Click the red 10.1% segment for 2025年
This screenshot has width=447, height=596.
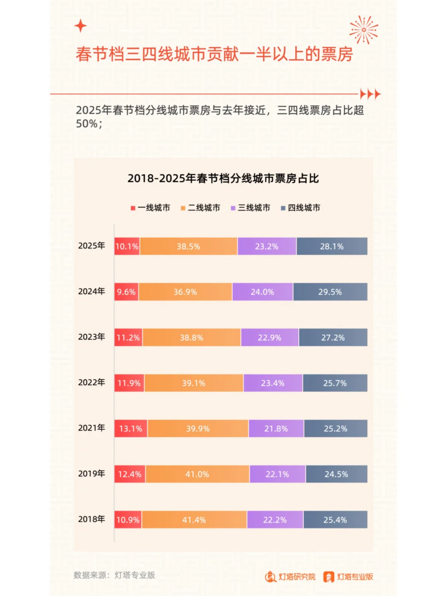[127, 246]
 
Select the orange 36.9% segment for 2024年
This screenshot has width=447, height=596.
[185, 292]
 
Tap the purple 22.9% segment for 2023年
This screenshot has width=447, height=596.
[269, 338]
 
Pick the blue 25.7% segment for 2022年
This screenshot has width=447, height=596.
[335, 383]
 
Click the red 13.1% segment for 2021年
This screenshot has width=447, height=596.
[131, 429]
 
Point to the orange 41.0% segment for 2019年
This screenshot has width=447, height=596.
[197, 474]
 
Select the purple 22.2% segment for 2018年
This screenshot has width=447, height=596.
[275, 520]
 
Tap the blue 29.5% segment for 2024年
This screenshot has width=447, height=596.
[330, 292]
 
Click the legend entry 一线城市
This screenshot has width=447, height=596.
[151, 208]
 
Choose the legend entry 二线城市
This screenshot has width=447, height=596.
[201, 208]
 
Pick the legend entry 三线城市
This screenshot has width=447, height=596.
[251, 208]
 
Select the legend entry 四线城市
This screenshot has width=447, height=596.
[301, 208]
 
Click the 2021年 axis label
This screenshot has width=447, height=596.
[91, 428]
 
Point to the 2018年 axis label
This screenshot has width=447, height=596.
[91, 519]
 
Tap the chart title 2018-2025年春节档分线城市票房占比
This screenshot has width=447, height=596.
[223, 179]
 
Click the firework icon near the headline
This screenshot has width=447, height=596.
[363, 30]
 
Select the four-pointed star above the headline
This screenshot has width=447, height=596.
[81, 26]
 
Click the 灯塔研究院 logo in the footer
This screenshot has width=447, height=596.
[290, 577]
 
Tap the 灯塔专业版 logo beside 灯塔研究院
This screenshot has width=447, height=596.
[348, 577]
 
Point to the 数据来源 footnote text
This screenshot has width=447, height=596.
[114, 575]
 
